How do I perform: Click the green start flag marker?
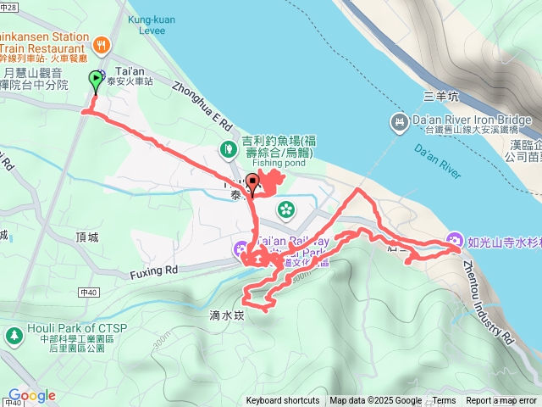click(x=95, y=80)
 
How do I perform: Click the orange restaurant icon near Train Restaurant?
click(x=102, y=44)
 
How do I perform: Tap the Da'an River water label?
click(x=438, y=159)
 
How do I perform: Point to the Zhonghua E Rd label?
click(x=202, y=104)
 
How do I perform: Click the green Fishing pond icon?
click(x=228, y=150)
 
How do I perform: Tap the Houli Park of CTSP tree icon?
click(x=14, y=335)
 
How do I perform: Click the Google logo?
click(x=31, y=395)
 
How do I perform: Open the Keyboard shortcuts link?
click(x=283, y=401)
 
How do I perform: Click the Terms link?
click(x=444, y=401)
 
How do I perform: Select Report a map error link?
click(x=501, y=401)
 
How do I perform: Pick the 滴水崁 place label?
click(x=225, y=315)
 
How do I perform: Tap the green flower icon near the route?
click(x=286, y=207)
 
